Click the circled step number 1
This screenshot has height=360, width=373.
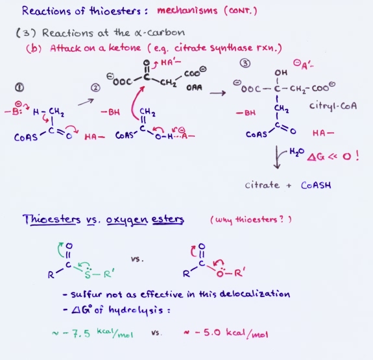pos(19,88)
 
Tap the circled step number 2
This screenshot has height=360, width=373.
pos(95,88)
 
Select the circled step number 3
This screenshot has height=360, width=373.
pos(245,64)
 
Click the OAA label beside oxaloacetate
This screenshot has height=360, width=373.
pos(194,88)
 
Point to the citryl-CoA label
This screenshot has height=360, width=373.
pos(333,106)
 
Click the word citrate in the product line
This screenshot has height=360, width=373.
pos(262,185)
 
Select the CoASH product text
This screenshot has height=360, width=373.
pos(316,185)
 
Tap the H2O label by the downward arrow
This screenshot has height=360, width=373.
pos(296,152)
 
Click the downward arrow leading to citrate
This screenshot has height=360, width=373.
pos(276,157)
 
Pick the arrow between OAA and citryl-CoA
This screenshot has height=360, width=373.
pos(218,93)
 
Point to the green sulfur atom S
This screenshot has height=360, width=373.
pos(88,275)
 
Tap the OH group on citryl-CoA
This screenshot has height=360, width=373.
pos(281,73)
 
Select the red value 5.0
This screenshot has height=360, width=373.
pos(212,332)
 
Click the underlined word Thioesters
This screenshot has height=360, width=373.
pos(52,219)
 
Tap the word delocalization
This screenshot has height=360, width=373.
pos(255,294)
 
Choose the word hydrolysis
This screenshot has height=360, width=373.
pos(136,310)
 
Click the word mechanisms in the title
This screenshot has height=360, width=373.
pos(187,11)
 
